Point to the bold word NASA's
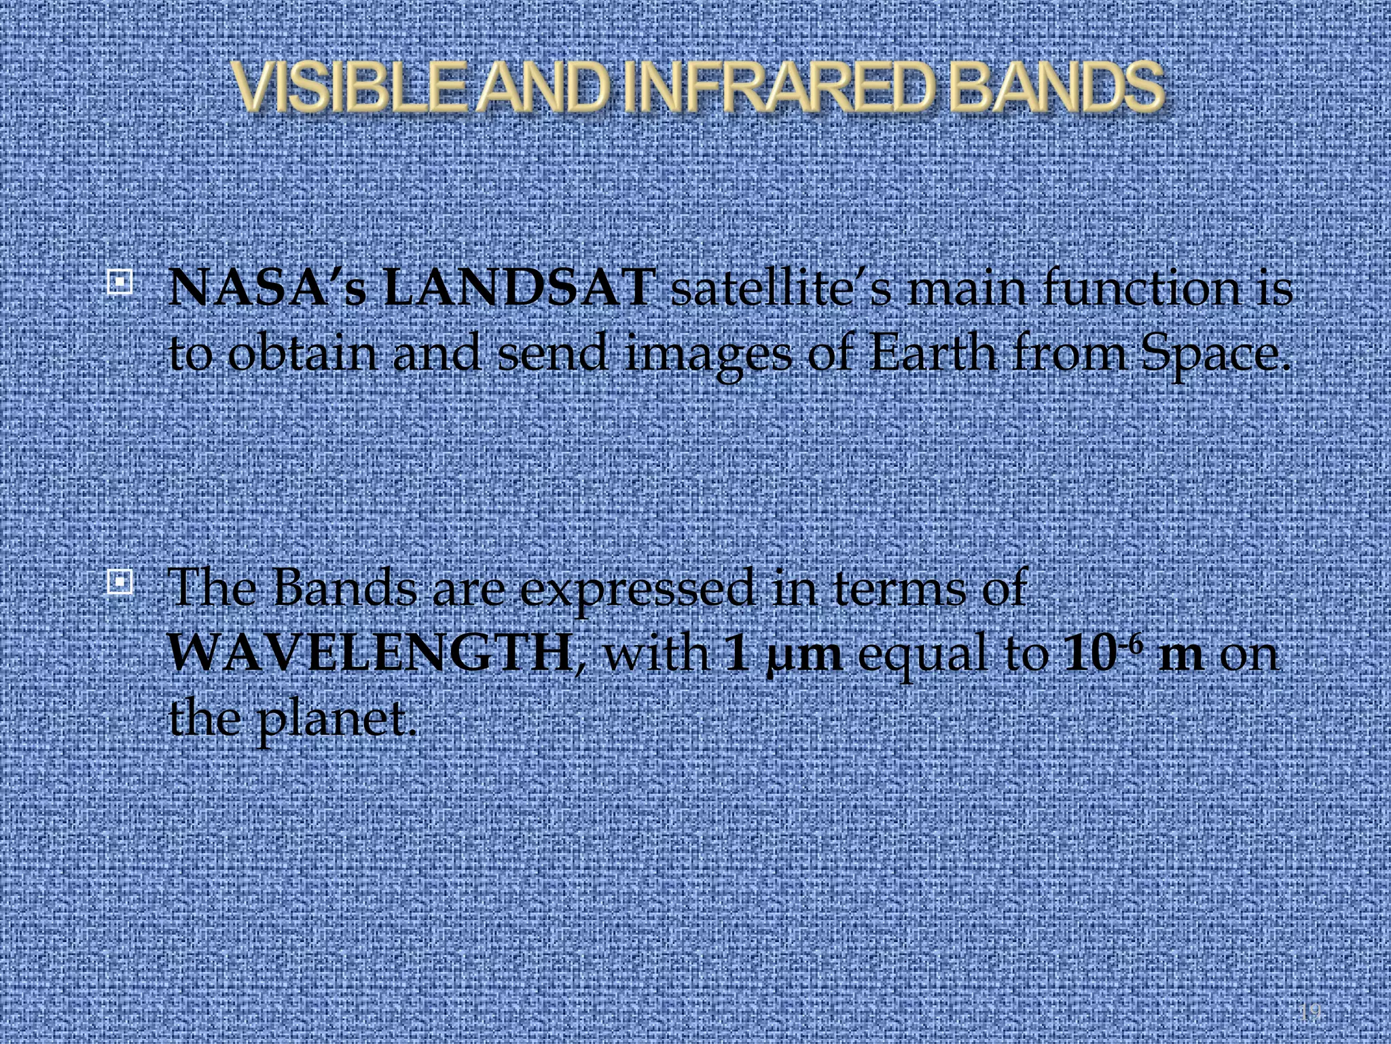(x=267, y=288)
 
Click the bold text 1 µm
(x=782, y=656)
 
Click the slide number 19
(x=1310, y=1013)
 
